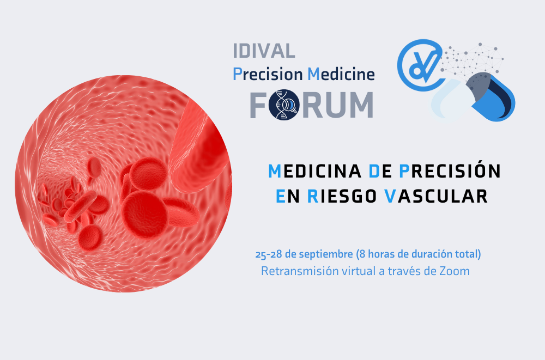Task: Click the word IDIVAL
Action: coord(264,51)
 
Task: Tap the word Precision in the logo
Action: coord(268,74)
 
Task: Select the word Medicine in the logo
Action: coord(341,74)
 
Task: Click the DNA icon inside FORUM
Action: coord(284,105)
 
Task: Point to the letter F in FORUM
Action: coord(258,105)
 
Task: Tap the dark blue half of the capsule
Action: coord(491,97)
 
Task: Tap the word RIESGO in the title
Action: coord(342,196)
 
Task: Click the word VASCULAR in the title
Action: coord(436,196)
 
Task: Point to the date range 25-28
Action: coord(268,254)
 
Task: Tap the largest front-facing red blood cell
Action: coord(146,215)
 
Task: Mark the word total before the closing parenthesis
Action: coord(467,254)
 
